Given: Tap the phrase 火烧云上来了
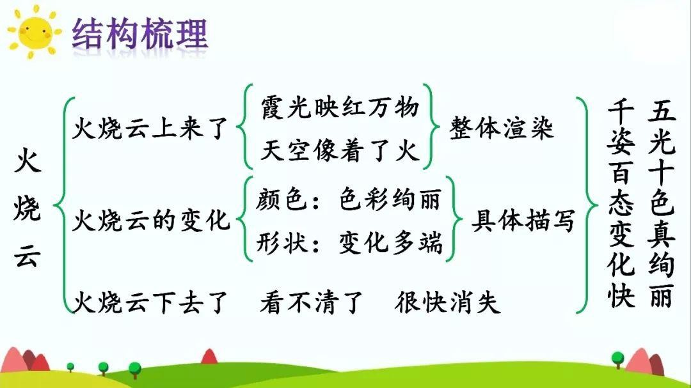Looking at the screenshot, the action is click(150, 128).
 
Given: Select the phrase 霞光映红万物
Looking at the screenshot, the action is click(340, 107).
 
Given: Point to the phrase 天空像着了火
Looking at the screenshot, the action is click(340, 151).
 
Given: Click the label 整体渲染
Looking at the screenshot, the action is click(502, 128).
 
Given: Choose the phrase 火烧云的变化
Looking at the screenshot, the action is click(151, 220).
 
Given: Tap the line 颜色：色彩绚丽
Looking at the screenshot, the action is click(349, 199).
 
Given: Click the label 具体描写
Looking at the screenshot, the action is click(523, 220).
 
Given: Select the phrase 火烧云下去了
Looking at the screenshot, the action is click(150, 302).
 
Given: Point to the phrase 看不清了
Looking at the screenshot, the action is click(312, 302).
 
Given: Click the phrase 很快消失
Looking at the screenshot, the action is click(447, 302).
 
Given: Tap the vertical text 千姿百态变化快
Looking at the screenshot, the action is click(621, 203).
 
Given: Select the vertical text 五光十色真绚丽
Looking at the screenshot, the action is click(662, 203).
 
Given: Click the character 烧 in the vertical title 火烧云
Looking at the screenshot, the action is click(28, 208).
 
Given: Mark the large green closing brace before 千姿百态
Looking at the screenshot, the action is click(588, 205).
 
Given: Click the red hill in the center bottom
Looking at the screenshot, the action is click(209, 357).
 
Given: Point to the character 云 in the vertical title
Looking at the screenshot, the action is click(28, 255).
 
